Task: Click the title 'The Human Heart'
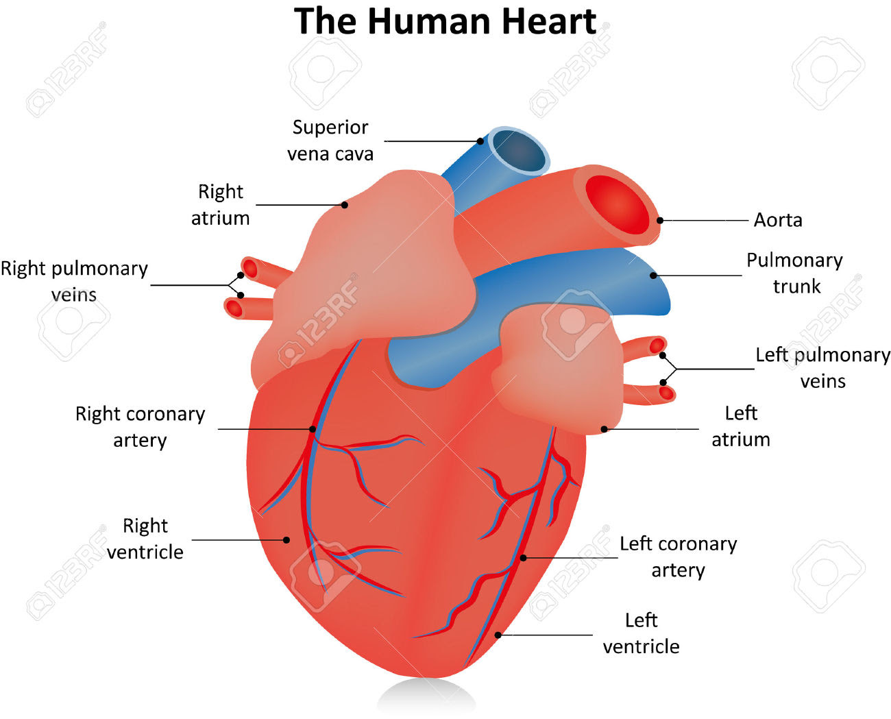[445, 21]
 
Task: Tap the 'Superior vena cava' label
[330, 141]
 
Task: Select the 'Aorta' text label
[778, 220]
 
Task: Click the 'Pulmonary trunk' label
[794, 273]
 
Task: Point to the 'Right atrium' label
[220, 205]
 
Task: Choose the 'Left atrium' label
[741, 426]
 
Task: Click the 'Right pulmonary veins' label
[74, 282]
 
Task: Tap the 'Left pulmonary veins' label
[822, 368]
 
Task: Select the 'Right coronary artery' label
[140, 427]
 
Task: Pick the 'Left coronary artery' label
[678, 557]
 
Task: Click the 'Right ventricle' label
[145, 539]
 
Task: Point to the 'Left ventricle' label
[641, 633]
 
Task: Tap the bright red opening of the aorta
[617, 205]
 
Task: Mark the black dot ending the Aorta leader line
[660, 220]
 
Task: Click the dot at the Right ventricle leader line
[286, 539]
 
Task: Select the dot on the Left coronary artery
[523, 558]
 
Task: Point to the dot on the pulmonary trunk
[653, 276]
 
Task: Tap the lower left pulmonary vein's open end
[666, 393]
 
